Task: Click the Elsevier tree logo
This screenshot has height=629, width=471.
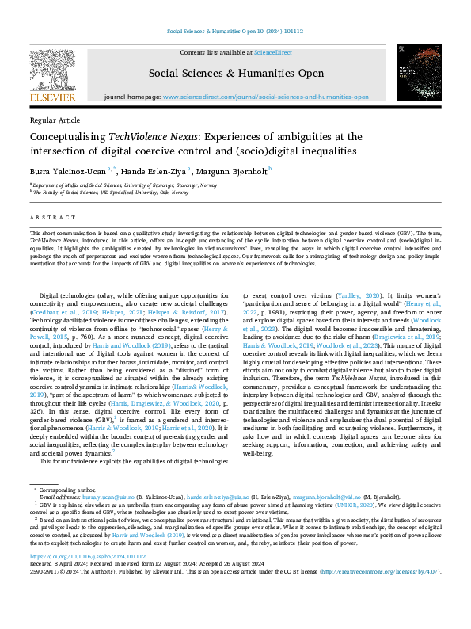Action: (53, 68)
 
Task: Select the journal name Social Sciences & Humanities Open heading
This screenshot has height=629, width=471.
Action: (236, 74)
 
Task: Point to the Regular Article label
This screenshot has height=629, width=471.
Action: (55, 120)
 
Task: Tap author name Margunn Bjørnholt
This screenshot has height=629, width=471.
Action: (236, 169)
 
